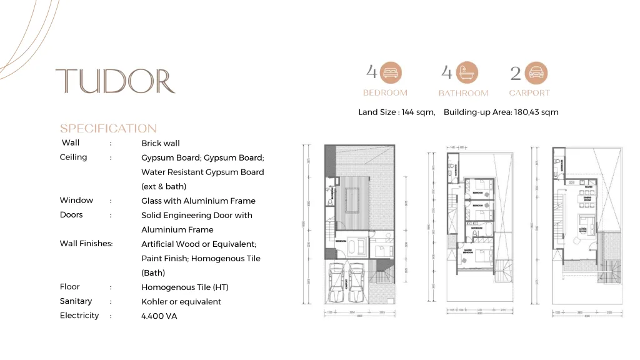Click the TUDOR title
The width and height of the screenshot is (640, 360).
[115, 81]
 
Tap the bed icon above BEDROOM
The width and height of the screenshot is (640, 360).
[391, 73]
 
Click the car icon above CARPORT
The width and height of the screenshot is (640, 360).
[536, 73]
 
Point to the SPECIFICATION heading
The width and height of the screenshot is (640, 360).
[108, 128]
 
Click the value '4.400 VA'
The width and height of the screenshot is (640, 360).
[159, 316]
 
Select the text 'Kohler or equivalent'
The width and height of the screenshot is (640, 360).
[181, 302]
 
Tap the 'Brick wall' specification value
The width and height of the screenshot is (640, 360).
[160, 143]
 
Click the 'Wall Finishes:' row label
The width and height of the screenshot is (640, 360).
[86, 244]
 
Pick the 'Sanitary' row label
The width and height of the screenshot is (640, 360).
[76, 301]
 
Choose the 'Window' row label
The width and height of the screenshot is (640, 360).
[76, 201]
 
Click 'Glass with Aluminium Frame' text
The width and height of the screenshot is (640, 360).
[198, 201]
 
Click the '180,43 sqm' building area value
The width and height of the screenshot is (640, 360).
[536, 112]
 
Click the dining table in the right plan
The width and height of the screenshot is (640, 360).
[587, 199]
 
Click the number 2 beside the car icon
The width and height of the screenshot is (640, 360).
[515, 73]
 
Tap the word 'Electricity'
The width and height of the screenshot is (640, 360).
[79, 316]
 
